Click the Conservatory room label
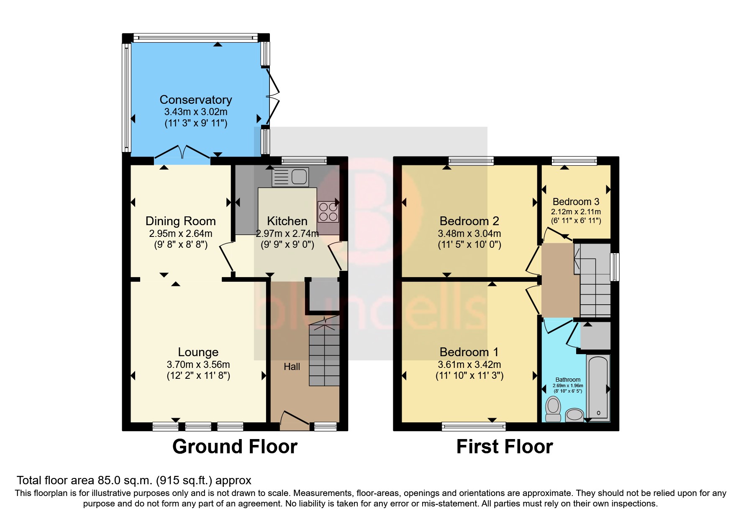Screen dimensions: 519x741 [x=195, y=100]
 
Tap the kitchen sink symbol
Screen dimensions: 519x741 [x=290, y=177]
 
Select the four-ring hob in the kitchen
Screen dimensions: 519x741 [x=328, y=212]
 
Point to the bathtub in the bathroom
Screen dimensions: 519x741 [x=598, y=387]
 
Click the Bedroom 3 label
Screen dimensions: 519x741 [x=576, y=202]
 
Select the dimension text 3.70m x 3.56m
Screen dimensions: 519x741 [x=198, y=365]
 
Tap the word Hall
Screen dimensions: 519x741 [x=292, y=367]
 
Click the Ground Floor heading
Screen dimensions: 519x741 [x=235, y=447]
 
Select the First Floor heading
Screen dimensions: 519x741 [x=504, y=447]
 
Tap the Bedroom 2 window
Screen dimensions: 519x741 [x=471, y=160]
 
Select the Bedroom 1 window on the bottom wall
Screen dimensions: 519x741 [x=474, y=427]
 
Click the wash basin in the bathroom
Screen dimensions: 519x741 [x=574, y=415]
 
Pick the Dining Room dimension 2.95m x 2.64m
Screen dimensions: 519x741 [x=180, y=234]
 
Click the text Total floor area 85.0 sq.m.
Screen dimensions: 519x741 [x=134, y=480]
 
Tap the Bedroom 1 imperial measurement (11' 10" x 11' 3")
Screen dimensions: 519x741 [x=469, y=375]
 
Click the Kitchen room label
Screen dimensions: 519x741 [x=287, y=221]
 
